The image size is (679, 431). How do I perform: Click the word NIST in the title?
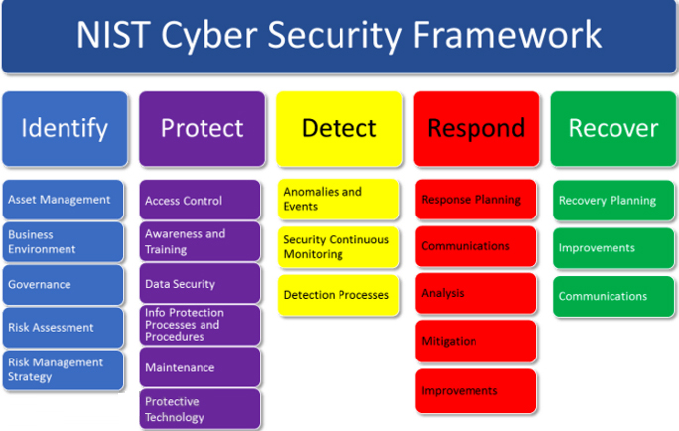113,34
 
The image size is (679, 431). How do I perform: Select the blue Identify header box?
65,129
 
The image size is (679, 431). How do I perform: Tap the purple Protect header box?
202,129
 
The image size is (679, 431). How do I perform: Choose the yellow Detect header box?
339,129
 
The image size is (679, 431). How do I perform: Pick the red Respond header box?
476,129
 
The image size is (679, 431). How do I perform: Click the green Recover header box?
613,129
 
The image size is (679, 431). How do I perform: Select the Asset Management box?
63,200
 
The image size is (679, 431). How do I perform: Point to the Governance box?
63,285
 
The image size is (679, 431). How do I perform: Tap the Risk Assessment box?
63,328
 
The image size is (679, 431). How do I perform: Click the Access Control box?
200,200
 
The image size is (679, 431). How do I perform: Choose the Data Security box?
200,284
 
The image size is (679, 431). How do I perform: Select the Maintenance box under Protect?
200,367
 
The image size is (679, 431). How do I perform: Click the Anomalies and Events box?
339,200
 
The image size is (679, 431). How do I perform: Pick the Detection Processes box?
339,295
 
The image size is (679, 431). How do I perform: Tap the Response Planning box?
475,200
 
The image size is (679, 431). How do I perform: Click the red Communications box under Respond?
475,246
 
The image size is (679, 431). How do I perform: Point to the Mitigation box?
475,341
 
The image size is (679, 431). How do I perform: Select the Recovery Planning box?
613,201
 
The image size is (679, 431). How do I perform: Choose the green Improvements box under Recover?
613,248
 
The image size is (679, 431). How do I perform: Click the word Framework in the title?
506,34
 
